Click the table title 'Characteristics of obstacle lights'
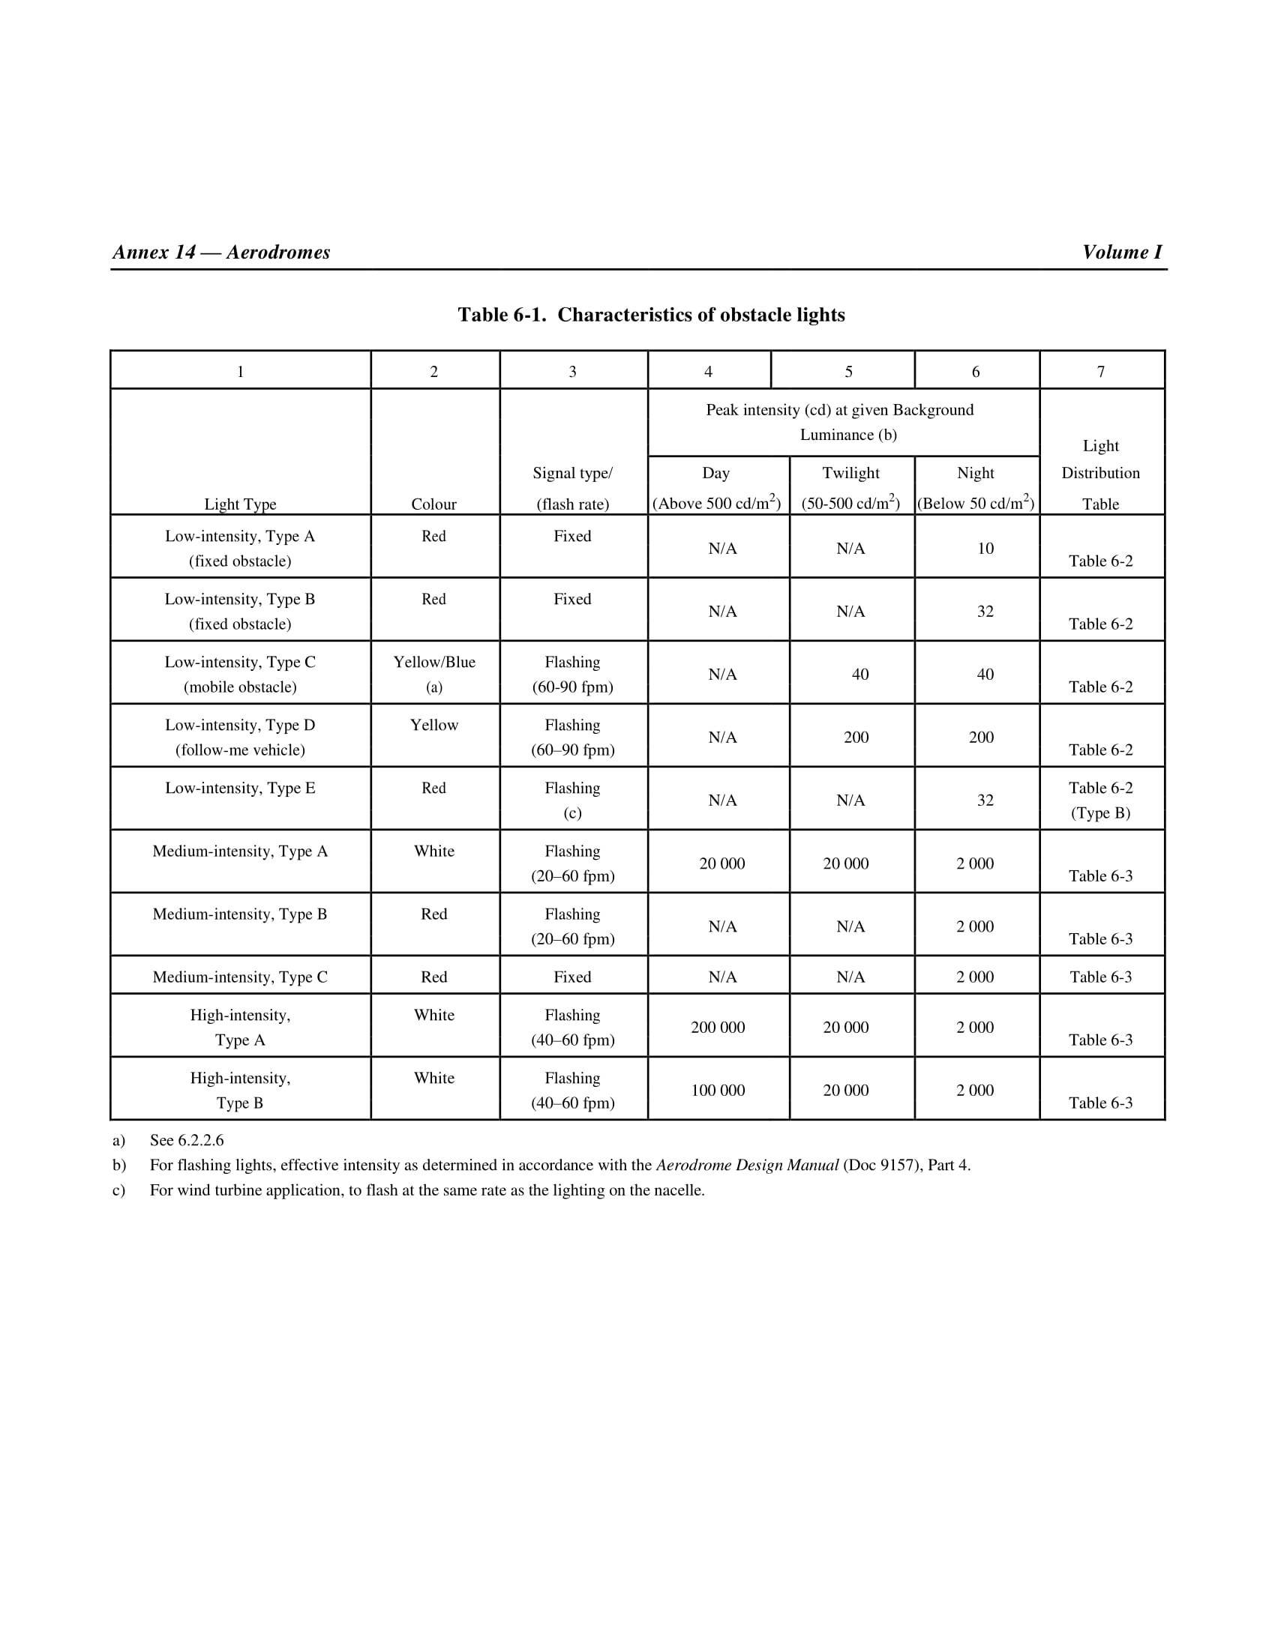(x=700, y=315)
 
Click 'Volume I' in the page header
(x=1122, y=252)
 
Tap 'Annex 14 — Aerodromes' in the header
(x=221, y=252)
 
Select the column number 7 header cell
(x=1100, y=372)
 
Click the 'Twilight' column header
(x=850, y=473)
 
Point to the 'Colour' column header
(x=433, y=504)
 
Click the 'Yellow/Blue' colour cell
(x=434, y=662)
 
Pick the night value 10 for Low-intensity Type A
(x=985, y=548)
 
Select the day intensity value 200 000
(x=718, y=1027)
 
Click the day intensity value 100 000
(x=718, y=1091)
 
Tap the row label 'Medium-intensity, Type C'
(x=240, y=977)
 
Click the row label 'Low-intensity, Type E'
(x=240, y=789)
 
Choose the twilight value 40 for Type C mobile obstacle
(x=859, y=675)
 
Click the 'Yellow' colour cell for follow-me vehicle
(x=434, y=725)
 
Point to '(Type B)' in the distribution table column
(x=1100, y=813)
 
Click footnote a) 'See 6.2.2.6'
(x=187, y=1140)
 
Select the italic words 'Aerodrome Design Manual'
(x=747, y=1165)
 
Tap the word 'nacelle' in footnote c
(x=678, y=1191)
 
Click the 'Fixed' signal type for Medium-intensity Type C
(x=572, y=977)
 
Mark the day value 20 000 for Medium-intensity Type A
(x=721, y=863)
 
